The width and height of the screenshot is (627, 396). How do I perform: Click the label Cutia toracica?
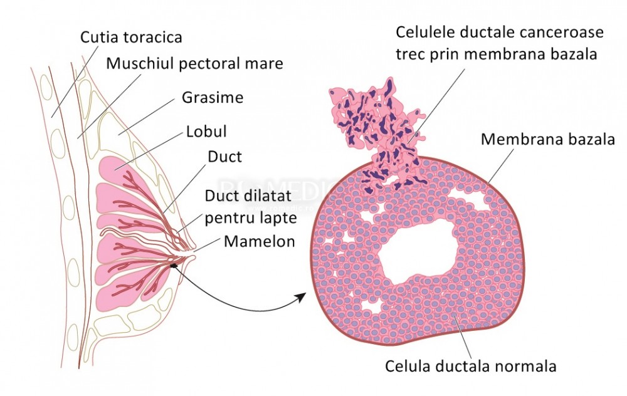point(131,37)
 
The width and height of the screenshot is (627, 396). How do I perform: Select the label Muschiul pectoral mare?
point(194,64)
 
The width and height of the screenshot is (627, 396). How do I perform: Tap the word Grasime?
point(213,98)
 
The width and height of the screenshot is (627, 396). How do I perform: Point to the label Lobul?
point(206,132)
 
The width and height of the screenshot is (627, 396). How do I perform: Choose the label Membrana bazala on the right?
point(547,139)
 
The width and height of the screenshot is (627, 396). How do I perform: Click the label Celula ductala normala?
point(471,365)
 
